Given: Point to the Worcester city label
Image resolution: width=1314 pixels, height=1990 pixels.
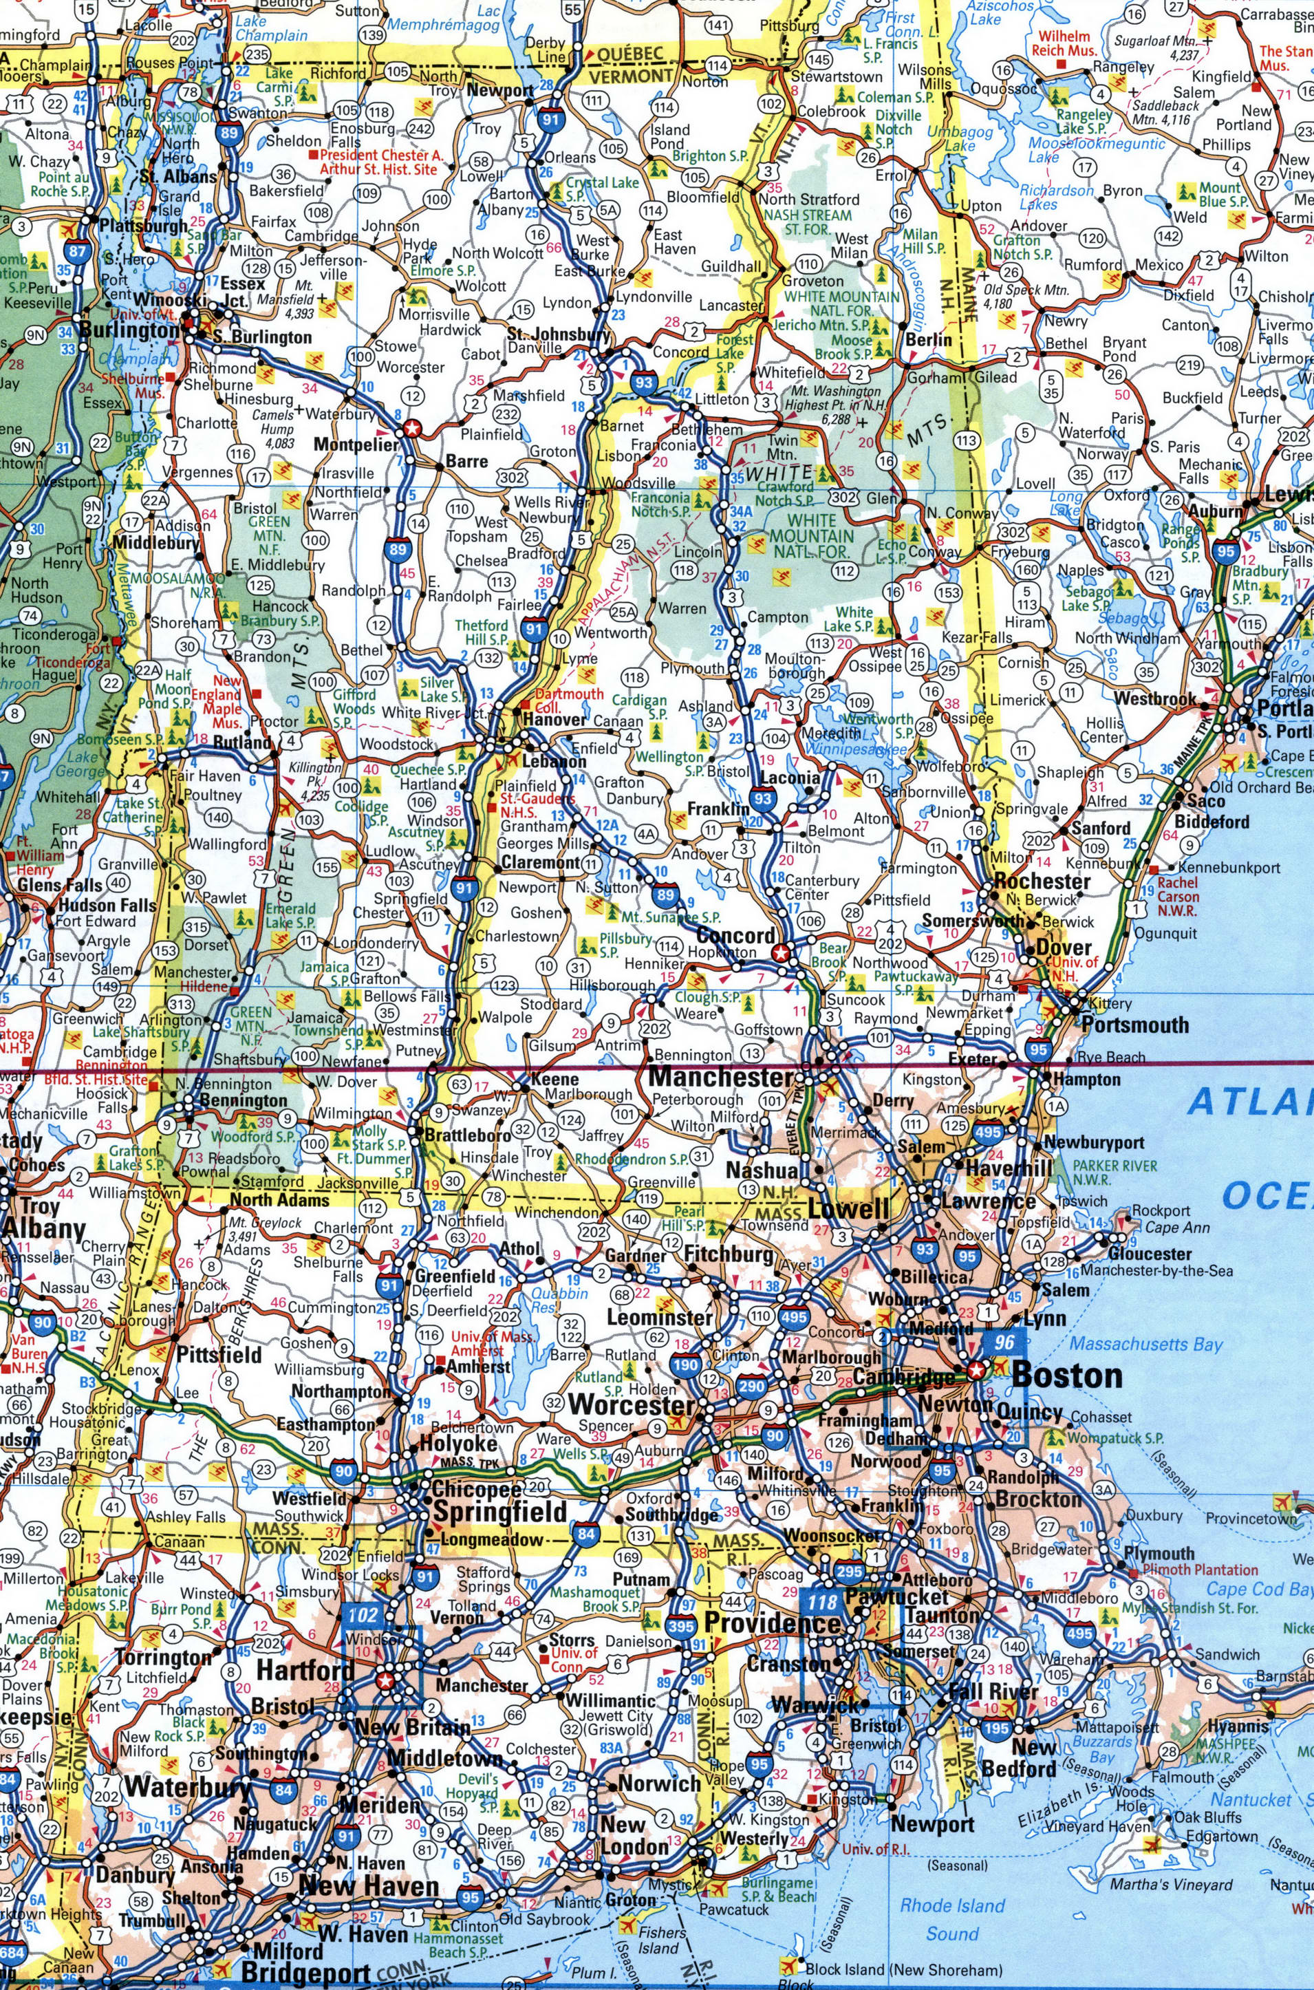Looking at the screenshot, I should (x=632, y=1403).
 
